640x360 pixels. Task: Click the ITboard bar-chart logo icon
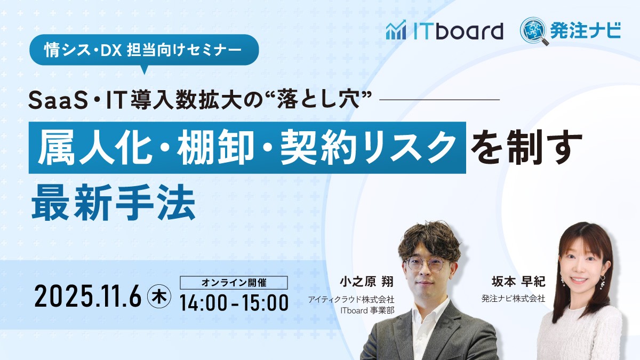396,30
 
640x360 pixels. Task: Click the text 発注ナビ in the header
586,30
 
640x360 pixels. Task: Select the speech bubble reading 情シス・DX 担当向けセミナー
144,50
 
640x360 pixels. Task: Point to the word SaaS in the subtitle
58,101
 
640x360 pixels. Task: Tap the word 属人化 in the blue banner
95,147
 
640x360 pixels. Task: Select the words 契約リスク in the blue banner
369,147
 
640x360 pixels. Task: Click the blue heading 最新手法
114,202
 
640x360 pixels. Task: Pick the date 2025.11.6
88,296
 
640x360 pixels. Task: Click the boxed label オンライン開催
234,283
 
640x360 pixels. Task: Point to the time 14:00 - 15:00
234,302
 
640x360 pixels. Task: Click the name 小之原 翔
366,282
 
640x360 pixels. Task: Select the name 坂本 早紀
518,282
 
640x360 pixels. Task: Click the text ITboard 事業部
367,310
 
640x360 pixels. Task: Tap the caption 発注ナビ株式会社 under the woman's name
513,299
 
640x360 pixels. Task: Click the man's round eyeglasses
426,265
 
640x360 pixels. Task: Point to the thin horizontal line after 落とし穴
439,99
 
